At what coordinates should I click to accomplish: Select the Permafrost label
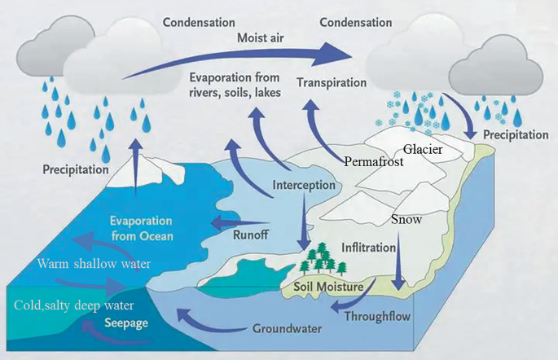tap(374, 160)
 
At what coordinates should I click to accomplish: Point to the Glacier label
tap(424, 149)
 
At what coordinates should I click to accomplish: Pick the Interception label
tap(304, 185)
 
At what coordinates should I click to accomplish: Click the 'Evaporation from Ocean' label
tap(142, 229)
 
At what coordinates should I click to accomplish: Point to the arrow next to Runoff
tap(238, 222)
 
